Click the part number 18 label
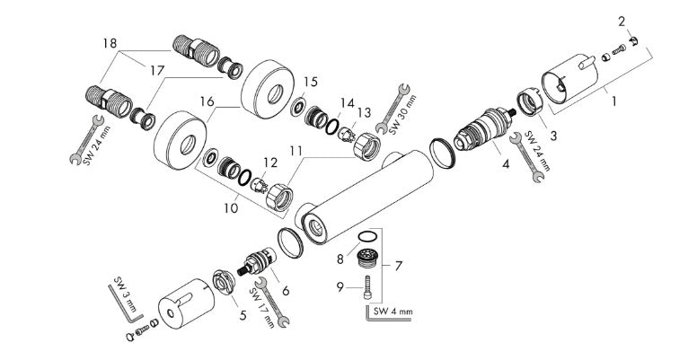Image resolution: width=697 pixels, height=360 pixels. coord(110,44)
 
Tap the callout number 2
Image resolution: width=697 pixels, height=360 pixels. coord(622,22)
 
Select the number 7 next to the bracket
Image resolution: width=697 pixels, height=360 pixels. coord(398,266)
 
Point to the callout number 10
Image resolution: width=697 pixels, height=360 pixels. coord(231,207)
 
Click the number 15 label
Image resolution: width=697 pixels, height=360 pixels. coord(311,82)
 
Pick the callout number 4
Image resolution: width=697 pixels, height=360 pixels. coord(506,164)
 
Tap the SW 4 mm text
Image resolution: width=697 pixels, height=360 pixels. coord(393,312)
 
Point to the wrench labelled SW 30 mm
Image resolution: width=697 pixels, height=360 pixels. coord(393,109)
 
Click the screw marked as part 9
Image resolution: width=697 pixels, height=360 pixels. coord(367,287)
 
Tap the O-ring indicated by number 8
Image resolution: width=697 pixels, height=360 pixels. coord(366,235)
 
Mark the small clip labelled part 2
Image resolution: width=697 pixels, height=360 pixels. coord(633,41)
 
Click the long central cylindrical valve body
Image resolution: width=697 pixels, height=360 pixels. coord(365,196)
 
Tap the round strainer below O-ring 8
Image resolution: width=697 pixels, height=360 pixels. coord(367,258)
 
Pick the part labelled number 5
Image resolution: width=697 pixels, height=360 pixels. coord(223,282)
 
